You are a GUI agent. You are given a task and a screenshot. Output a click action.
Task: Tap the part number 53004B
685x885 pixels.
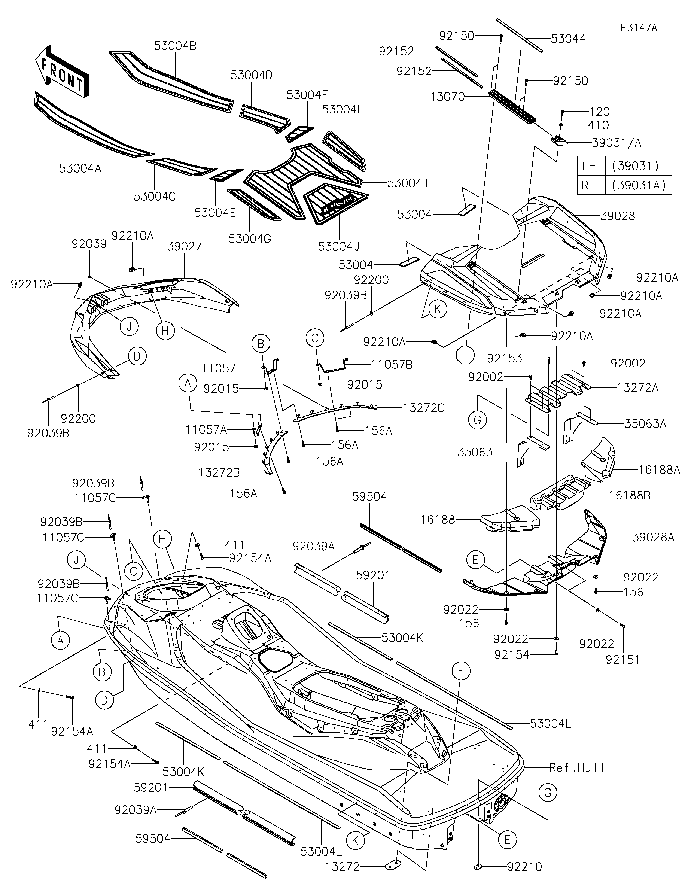click(x=175, y=46)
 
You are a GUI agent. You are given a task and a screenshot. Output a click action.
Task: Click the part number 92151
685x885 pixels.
click(x=623, y=660)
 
